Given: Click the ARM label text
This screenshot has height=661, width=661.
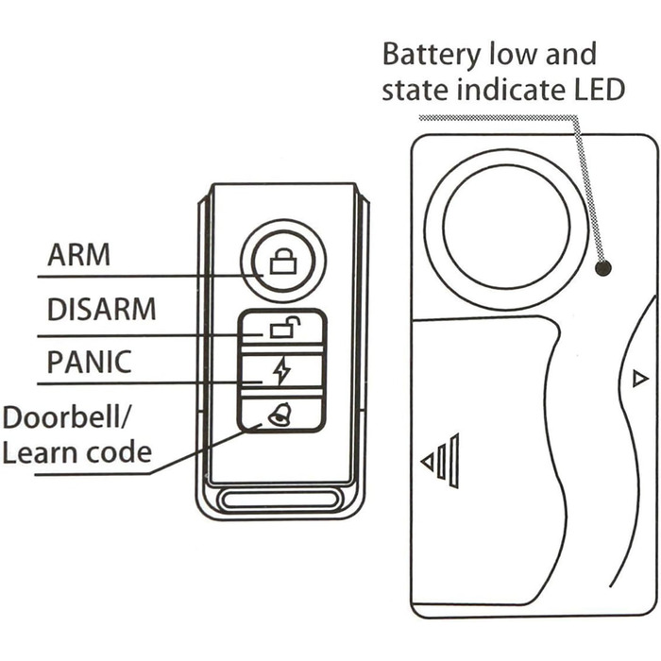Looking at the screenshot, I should (79, 256).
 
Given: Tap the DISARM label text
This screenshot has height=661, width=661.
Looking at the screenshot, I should (102, 310).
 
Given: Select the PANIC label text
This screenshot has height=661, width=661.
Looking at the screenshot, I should (91, 363).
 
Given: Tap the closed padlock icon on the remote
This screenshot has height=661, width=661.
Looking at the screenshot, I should (280, 262).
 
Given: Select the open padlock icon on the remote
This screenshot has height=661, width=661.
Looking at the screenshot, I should (281, 329).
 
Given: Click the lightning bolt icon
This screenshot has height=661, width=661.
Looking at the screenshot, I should (280, 372).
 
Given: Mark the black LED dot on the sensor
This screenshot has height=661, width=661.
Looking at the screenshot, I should (603, 269).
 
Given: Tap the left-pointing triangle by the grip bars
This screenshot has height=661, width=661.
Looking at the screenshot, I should (427, 462).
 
